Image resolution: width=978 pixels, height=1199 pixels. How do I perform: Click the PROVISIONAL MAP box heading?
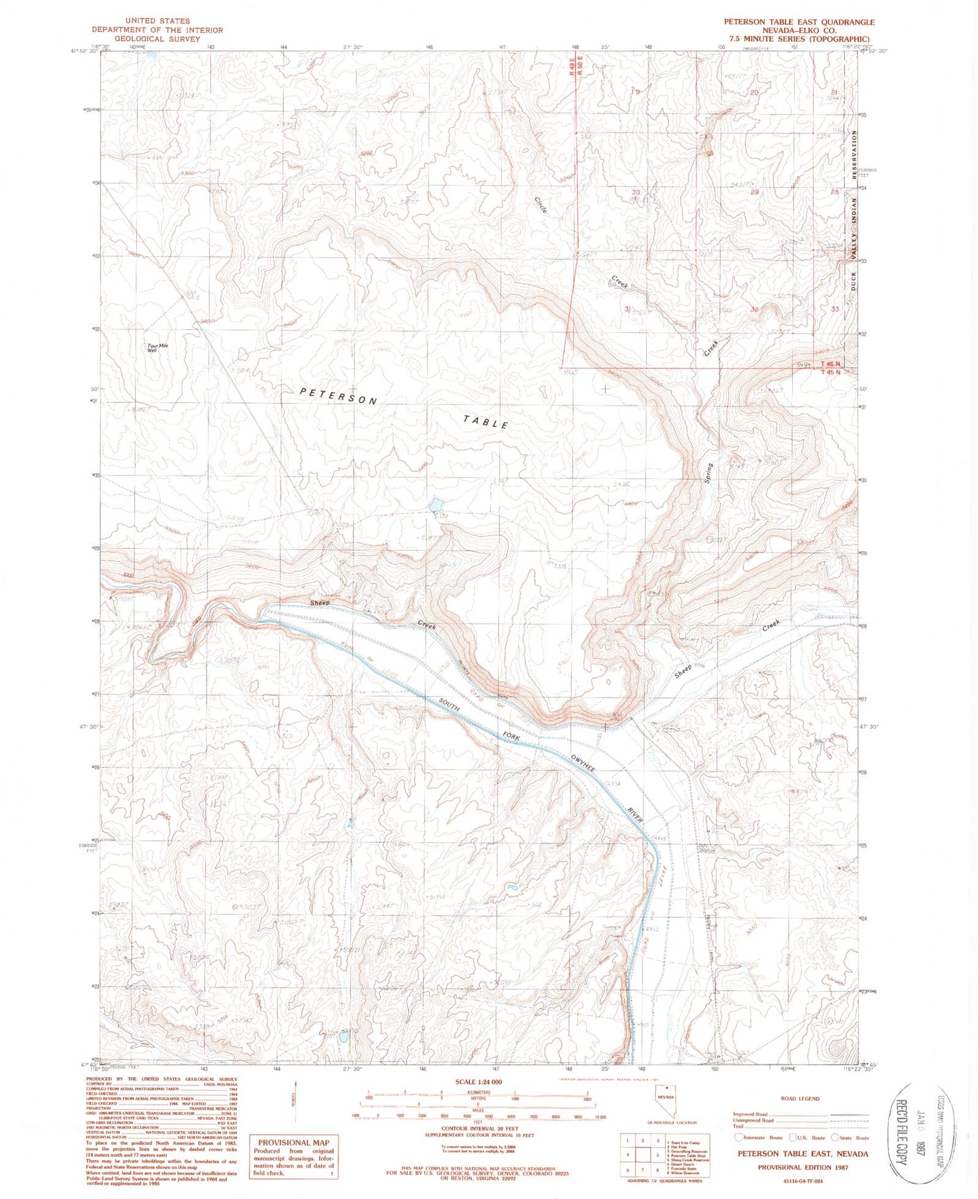pos(294,1142)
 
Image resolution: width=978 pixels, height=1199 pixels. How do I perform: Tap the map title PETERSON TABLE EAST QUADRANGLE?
pos(799,22)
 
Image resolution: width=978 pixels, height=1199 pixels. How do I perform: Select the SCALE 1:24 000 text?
pos(479,1082)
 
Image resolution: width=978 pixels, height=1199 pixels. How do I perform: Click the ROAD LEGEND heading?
pos(799,1099)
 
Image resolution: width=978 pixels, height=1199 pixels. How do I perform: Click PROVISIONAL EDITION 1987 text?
pos(803,1167)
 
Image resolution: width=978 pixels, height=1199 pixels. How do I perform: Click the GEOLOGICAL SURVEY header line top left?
pos(146,39)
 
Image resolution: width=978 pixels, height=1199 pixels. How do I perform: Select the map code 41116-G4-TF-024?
pos(803,1180)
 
